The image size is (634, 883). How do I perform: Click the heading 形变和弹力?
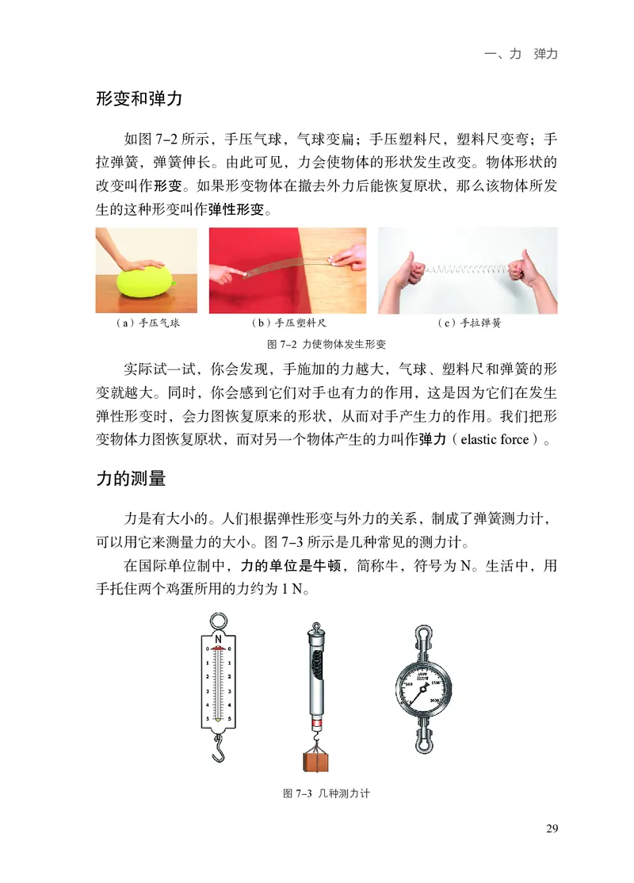click(x=139, y=100)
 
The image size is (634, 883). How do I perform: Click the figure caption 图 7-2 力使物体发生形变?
click(x=327, y=344)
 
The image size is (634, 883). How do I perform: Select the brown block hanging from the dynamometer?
click(x=317, y=759)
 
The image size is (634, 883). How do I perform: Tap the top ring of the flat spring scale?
click(x=218, y=619)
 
